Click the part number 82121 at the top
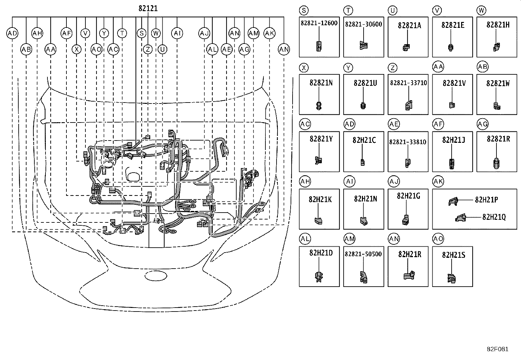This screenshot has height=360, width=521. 148,9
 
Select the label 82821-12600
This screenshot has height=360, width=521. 319,23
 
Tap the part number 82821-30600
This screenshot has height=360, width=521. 363,24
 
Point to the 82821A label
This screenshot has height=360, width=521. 409,25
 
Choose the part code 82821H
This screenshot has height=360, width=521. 498,25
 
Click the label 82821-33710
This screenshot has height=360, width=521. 408,83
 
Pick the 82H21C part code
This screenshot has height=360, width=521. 364,140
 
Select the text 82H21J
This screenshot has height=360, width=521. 453,140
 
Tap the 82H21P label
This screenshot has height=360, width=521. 486,200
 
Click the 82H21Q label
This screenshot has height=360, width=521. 494,217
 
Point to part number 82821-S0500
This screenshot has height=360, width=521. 363,254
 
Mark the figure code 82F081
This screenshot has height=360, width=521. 497,349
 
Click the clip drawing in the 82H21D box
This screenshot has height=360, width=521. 319,277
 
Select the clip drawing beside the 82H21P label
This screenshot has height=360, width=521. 453,201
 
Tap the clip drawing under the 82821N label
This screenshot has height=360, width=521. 319,106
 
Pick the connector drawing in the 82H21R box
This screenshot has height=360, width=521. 409,275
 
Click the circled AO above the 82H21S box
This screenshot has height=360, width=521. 438,239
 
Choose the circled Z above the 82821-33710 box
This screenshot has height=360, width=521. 393,68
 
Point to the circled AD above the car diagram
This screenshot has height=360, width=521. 12,33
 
